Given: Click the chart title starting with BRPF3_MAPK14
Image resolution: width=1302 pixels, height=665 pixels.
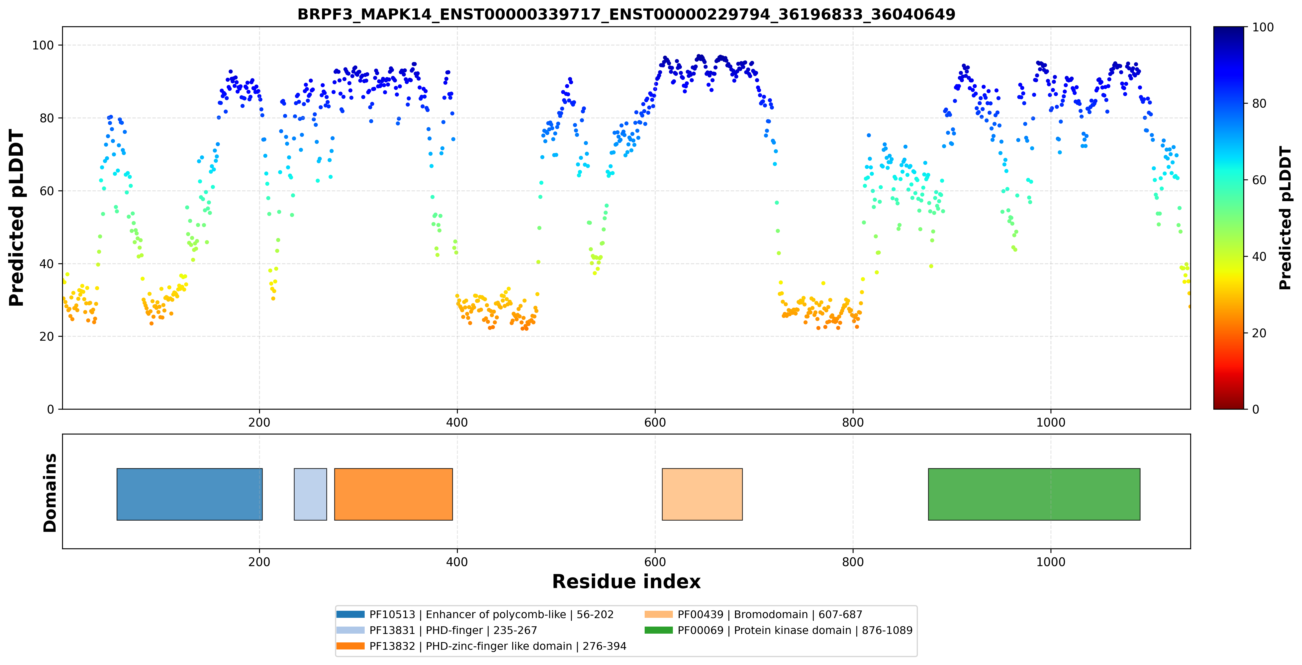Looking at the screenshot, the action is pos(626,14).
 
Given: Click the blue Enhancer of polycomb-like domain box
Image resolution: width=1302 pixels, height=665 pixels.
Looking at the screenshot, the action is pos(190,494).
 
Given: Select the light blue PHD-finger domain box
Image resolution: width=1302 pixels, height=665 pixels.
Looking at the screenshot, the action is pos(310,494).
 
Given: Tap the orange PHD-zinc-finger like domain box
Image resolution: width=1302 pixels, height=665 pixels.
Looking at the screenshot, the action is pos(393,494).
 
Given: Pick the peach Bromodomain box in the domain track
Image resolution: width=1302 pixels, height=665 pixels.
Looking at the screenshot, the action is pos(702,494).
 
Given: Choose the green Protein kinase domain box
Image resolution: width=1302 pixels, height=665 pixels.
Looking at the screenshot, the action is pos(1034,494).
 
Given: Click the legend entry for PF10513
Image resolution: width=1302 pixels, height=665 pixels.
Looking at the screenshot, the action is pos(475,614).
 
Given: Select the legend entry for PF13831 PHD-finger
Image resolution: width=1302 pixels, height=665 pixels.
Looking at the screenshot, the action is pos(437,630).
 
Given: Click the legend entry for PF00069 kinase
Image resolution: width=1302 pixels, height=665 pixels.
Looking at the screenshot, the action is pos(778,630).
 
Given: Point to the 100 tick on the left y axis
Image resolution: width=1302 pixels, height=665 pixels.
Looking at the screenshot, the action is pos(43,45).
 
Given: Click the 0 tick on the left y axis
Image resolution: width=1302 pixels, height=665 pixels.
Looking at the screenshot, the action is pos(51,409).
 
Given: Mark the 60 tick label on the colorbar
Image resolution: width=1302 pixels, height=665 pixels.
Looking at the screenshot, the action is pos(1259,180).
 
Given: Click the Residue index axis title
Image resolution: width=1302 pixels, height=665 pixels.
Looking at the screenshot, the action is pos(626,582).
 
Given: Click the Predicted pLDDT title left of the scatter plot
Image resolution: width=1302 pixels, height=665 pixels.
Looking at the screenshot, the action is pos(17,218).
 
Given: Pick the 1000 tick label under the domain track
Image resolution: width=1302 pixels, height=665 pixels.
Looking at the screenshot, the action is pos(1051,562).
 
